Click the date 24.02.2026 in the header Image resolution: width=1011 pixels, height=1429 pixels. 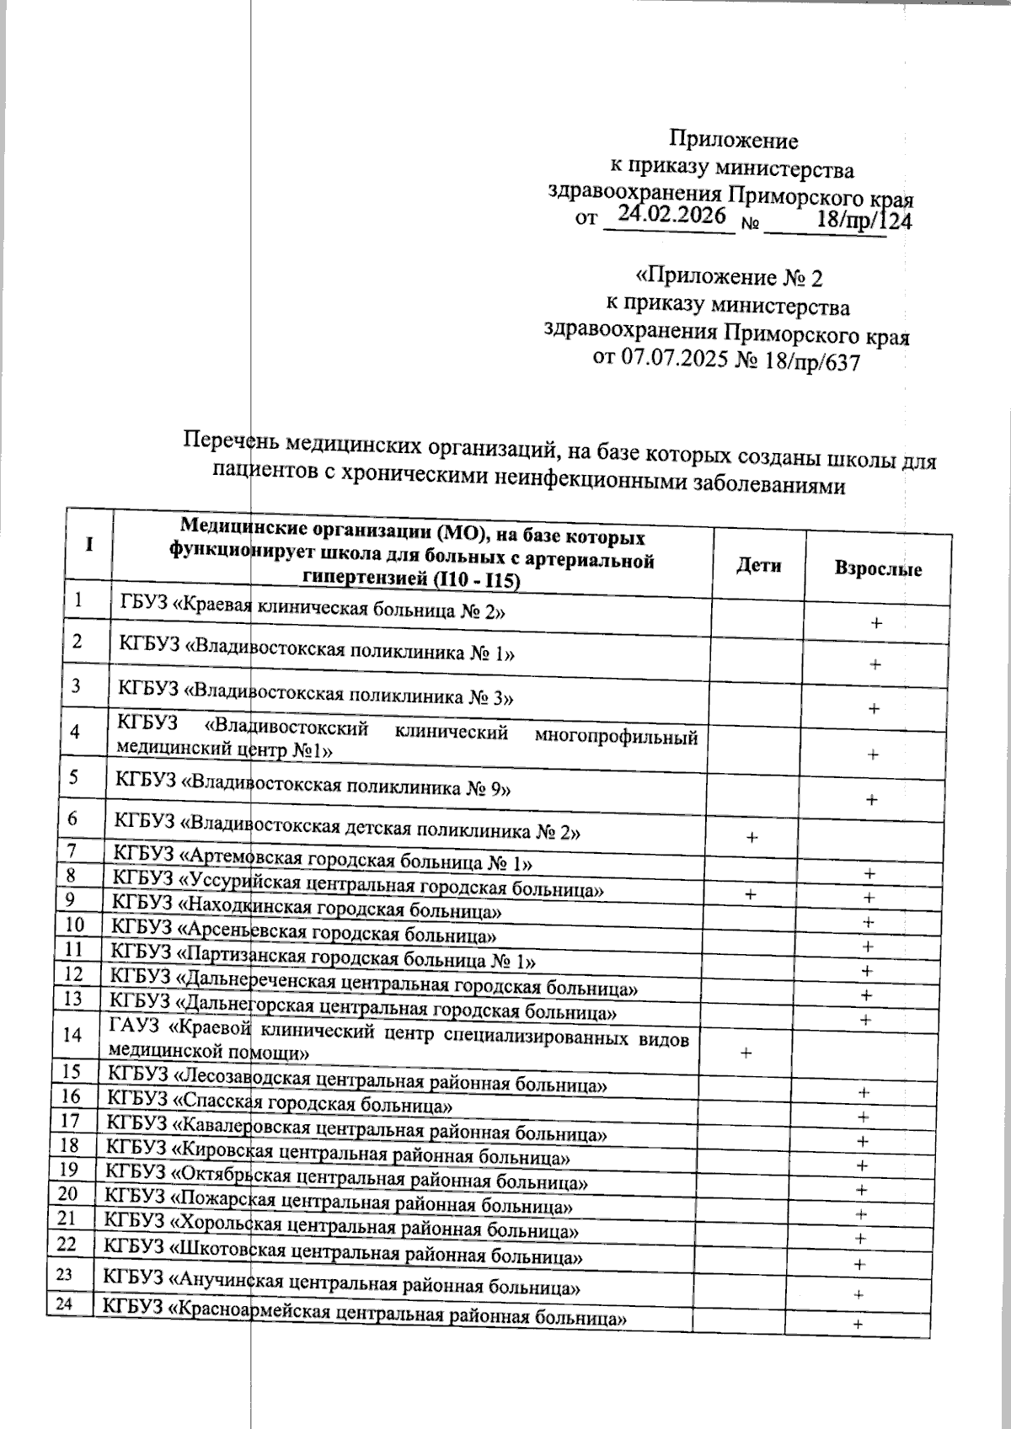[x=671, y=216]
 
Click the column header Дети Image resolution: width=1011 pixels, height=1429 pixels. [x=758, y=566]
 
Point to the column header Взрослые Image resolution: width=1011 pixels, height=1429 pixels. [x=878, y=568]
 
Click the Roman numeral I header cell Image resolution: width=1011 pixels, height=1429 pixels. [x=88, y=544]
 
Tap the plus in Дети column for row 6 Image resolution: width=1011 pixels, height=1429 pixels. [x=752, y=837]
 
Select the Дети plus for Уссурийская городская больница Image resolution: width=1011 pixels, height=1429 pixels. [x=750, y=894]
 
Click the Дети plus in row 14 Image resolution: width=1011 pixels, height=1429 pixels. [x=745, y=1053]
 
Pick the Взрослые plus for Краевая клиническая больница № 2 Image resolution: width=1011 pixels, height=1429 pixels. [x=876, y=623]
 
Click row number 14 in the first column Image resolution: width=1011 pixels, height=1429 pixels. [x=73, y=1035]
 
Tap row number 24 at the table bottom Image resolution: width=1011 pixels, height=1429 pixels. [x=64, y=1304]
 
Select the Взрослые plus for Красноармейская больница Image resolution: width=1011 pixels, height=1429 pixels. [x=858, y=1325]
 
